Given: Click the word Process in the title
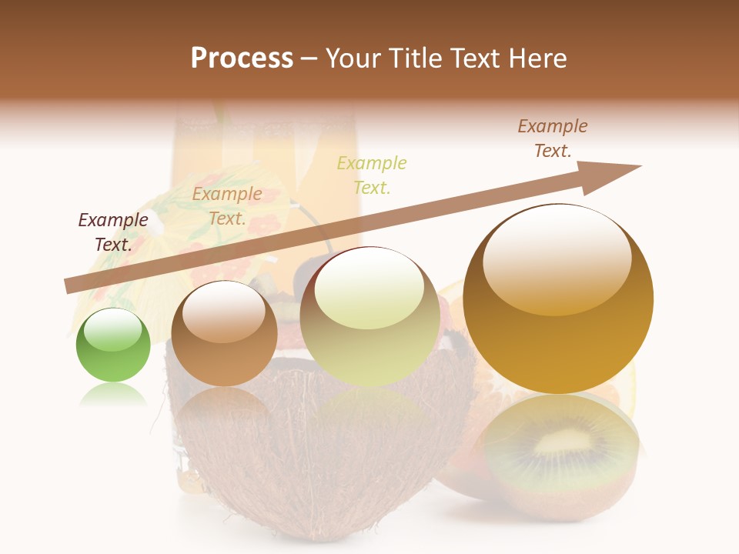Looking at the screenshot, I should [242, 58].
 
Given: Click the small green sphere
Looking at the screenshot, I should [113, 345].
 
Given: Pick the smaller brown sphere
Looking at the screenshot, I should [224, 333].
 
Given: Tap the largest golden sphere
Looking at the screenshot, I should [558, 299].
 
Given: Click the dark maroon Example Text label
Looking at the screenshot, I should [113, 232].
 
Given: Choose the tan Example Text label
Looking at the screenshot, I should [227, 206].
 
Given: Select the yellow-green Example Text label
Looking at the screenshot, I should [372, 175].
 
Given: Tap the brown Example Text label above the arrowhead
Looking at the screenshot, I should [552, 138].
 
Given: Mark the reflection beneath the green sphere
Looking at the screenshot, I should [113, 395].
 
